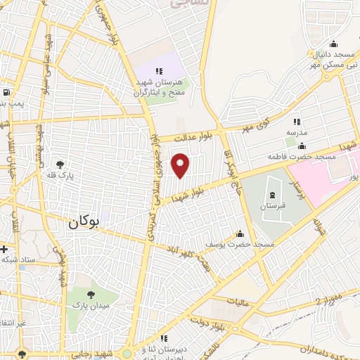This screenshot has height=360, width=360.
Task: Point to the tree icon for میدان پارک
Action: tap(92, 294)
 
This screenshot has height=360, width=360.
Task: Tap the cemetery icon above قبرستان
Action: tap(270, 193)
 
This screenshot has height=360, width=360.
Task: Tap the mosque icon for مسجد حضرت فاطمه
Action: tap(302, 146)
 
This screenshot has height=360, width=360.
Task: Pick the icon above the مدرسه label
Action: tap(296, 122)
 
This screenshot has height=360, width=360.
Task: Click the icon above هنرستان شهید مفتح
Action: tap(159, 70)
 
